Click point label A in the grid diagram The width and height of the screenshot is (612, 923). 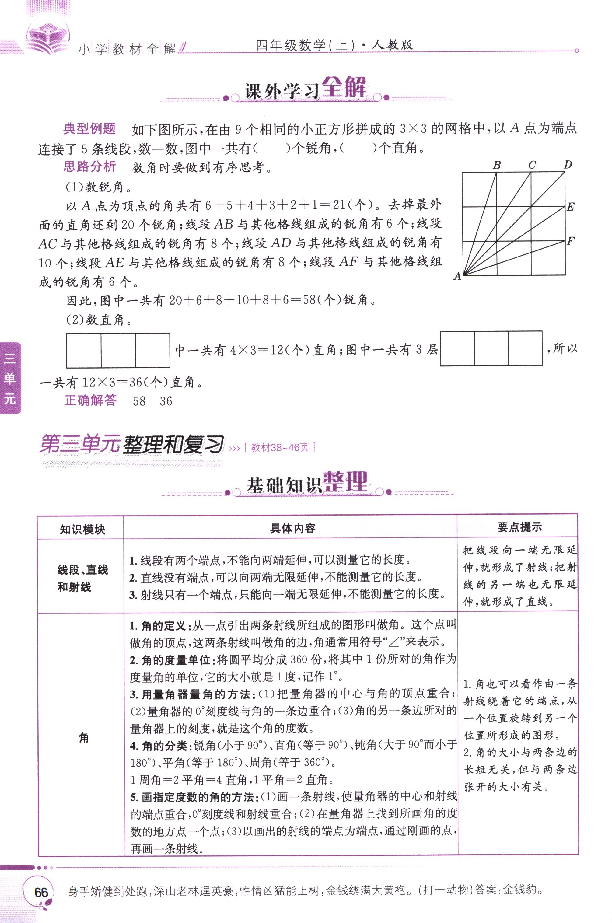click(457, 276)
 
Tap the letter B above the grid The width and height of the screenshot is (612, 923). click(496, 165)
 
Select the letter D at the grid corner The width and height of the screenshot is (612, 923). click(568, 165)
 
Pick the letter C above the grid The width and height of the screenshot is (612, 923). click(532, 165)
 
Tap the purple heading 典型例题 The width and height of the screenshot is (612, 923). click(89, 128)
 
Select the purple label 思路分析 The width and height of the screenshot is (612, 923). click(89, 167)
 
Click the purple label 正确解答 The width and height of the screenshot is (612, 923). click(90, 400)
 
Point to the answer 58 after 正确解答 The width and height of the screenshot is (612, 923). click(139, 401)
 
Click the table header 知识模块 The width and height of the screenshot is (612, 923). click(82, 529)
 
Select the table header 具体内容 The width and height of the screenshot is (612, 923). click(292, 528)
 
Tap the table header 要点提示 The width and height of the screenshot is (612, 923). click(519, 527)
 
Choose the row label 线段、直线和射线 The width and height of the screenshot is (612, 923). click(82, 578)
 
